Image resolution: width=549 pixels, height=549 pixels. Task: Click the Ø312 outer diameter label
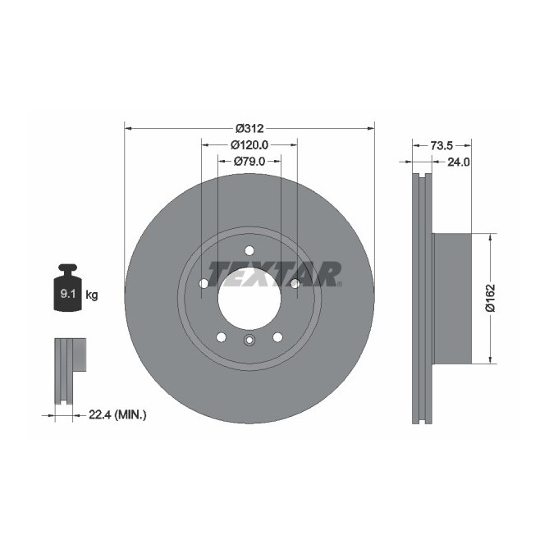coord(249,128)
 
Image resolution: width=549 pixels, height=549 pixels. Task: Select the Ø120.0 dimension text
coord(249,144)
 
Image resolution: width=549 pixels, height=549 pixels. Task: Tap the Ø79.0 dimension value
coord(249,161)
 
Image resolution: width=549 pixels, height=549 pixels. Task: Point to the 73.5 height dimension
coord(441,145)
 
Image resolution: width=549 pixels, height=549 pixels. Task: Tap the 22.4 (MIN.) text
coord(117,416)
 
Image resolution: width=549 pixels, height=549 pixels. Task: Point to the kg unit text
coord(92,295)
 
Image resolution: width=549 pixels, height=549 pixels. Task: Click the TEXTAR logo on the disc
coord(274,273)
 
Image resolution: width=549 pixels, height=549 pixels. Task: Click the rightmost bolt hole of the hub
coord(294,284)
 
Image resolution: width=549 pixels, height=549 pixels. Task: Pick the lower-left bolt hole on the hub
coord(221,336)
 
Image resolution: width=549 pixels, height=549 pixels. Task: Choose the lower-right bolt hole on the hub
coord(277,336)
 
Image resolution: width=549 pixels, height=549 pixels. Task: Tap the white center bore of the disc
coord(249,300)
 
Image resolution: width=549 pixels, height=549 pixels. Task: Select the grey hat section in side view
coord(451,298)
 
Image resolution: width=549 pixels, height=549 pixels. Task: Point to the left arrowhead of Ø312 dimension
coord(127,128)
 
